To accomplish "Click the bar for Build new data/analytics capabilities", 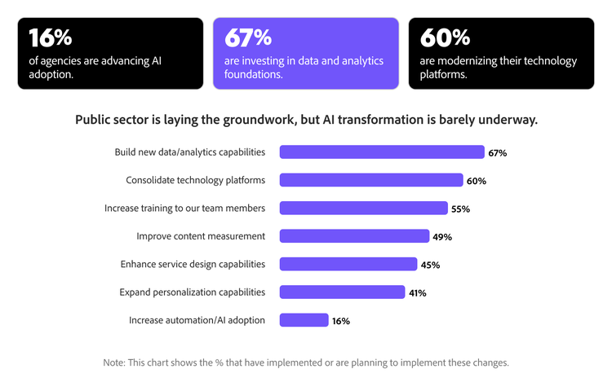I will coord(382,152).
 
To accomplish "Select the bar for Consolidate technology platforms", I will coord(371,180).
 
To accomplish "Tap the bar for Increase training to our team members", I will coord(363,208).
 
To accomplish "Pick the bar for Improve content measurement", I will coord(354,236).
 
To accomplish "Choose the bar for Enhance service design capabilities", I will coord(348,264).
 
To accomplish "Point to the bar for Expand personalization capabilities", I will coord(342,292).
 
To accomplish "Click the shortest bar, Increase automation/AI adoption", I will coord(304,320).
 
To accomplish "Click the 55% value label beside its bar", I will coord(460,209).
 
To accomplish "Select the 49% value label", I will coord(442,237).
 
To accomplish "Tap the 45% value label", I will coord(430,265).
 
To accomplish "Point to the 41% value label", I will coord(417,292).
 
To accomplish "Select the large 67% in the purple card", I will coord(248,37).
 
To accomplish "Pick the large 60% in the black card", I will coord(445,37).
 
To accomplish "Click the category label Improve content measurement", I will coord(201,236).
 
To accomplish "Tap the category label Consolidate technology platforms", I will coord(195,180).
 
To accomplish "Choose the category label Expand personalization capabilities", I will coord(192,292).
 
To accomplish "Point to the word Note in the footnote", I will coord(113,362).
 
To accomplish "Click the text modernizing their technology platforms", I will coord(498,68).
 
